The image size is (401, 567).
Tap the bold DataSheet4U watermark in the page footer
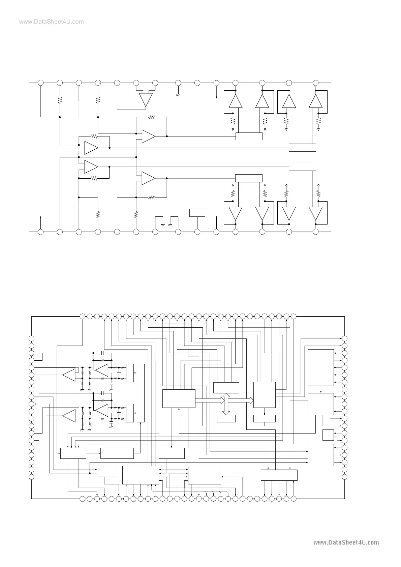tap(346, 542)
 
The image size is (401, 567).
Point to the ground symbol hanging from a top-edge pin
tap(178, 95)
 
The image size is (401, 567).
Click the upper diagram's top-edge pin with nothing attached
tap(197, 83)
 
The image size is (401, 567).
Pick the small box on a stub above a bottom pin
tap(197, 212)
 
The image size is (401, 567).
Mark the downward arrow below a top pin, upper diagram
tap(216, 96)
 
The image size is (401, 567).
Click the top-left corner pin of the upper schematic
tap(40, 83)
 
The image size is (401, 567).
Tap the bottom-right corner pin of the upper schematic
tap(316, 232)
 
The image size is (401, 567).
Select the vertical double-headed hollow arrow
tap(226, 404)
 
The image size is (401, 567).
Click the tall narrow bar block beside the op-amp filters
tap(141, 393)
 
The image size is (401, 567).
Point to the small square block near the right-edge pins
tap(328, 435)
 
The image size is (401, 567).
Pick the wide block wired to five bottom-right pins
tap(279, 475)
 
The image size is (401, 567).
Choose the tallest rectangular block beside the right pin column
tap(321, 367)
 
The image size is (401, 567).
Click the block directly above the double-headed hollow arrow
tap(226, 388)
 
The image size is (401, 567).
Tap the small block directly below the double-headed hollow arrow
tap(226, 418)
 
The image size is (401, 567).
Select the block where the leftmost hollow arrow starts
tap(179, 398)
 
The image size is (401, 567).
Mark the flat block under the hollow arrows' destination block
tap(264, 418)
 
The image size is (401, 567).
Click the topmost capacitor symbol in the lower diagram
tap(102, 353)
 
